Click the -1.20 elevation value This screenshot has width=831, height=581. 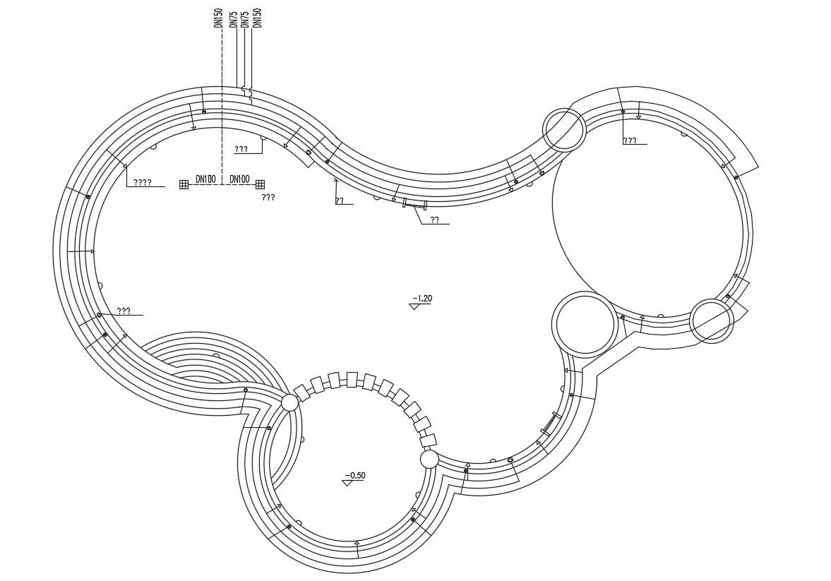422,299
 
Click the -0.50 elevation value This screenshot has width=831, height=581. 354,475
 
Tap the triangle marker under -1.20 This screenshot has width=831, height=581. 415,306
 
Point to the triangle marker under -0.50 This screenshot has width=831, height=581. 347,483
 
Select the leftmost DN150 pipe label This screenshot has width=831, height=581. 218,18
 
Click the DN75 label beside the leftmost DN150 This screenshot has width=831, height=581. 233,20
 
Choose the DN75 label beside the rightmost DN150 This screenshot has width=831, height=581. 245,20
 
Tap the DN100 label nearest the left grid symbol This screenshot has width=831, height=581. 205,179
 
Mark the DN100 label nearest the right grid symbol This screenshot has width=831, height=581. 240,179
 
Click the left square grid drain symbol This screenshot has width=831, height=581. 184,184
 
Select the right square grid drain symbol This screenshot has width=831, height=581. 260,184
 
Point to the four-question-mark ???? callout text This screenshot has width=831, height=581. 142,182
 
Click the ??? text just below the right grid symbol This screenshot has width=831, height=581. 268,198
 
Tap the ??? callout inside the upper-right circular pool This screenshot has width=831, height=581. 629,140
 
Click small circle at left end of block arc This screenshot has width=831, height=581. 289,403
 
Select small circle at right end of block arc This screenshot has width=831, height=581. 429,460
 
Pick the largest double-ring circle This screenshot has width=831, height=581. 584,323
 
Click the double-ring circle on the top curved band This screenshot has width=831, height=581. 564,130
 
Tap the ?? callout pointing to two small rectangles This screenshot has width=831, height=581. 435,220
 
